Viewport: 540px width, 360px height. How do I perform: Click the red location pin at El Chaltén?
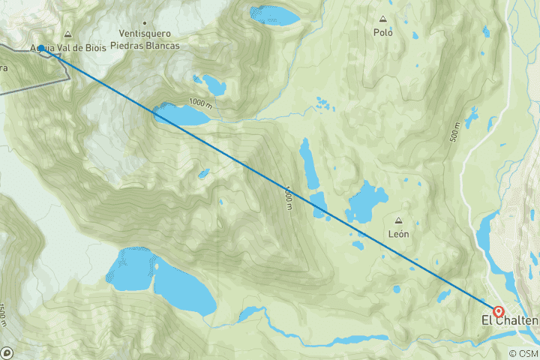[x=498, y=310]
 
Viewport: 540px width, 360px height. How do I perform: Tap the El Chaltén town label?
[x=509, y=321]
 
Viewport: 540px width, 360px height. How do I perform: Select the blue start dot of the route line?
[x=40, y=47]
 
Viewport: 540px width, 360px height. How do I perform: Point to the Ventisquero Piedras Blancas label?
[x=145, y=40]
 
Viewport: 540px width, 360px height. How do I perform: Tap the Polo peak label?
[x=383, y=33]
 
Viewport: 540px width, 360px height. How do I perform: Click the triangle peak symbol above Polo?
[x=383, y=20]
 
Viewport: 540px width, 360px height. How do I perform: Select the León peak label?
[x=397, y=233]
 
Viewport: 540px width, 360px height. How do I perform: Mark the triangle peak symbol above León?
[x=397, y=220]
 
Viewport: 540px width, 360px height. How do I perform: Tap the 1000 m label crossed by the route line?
[x=287, y=197]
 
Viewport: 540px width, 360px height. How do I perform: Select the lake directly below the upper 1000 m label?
[x=181, y=115]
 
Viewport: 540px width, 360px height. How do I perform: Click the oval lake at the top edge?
[x=274, y=14]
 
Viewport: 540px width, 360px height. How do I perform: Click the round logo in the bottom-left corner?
[x=7, y=352]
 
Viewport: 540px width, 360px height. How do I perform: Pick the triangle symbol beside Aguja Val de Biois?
[x=67, y=34]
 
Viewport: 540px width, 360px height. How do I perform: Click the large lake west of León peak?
[x=366, y=201]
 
